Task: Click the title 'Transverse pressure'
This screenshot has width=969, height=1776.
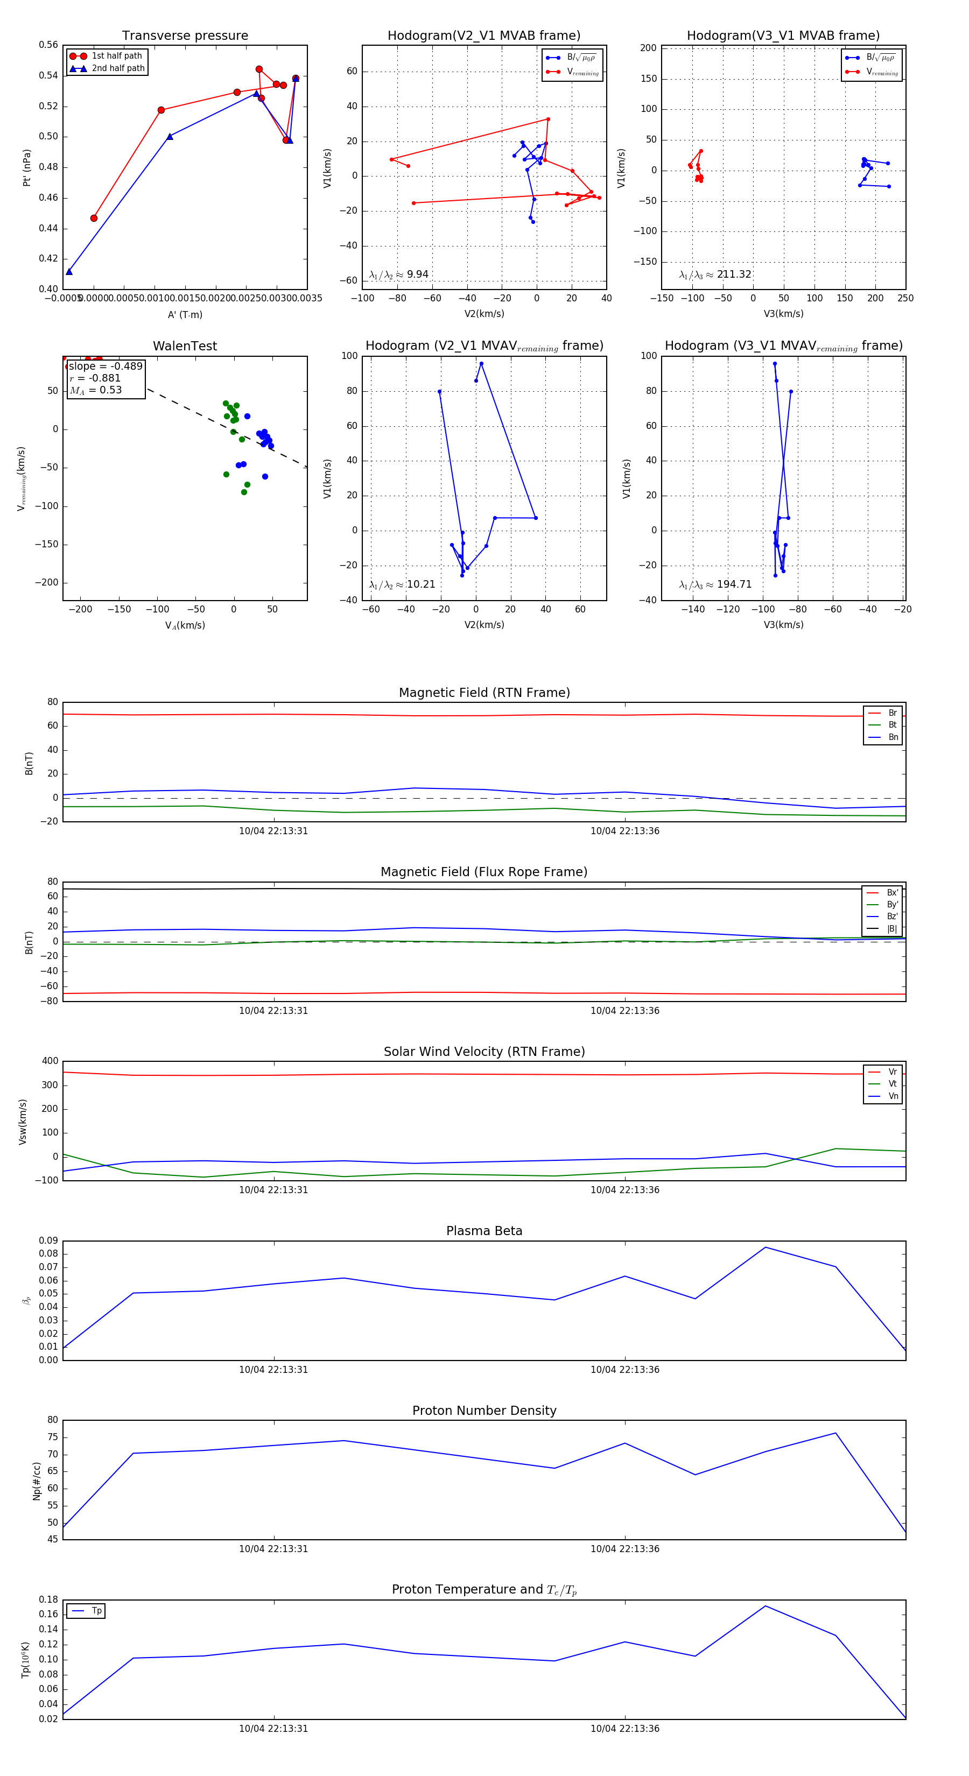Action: (185, 36)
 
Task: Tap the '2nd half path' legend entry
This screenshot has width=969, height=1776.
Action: (118, 68)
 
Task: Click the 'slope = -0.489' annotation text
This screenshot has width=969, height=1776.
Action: (106, 366)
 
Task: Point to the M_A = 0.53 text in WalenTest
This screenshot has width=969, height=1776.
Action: (96, 390)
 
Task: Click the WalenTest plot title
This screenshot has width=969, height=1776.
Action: (185, 346)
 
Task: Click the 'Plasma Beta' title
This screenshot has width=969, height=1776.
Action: (484, 1231)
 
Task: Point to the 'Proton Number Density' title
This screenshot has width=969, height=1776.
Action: (484, 1411)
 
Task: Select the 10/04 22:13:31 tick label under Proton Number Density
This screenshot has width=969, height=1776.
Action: (273, 1549)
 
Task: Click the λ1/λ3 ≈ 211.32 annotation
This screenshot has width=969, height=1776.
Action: (715, 274)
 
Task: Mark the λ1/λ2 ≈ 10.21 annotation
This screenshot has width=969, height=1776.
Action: (402, 584)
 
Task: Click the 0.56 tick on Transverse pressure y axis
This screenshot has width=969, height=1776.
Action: (48, 45)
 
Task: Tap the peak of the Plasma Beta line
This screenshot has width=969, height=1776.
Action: (765, 1247)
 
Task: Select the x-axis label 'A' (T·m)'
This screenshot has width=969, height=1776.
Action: (185, 314)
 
